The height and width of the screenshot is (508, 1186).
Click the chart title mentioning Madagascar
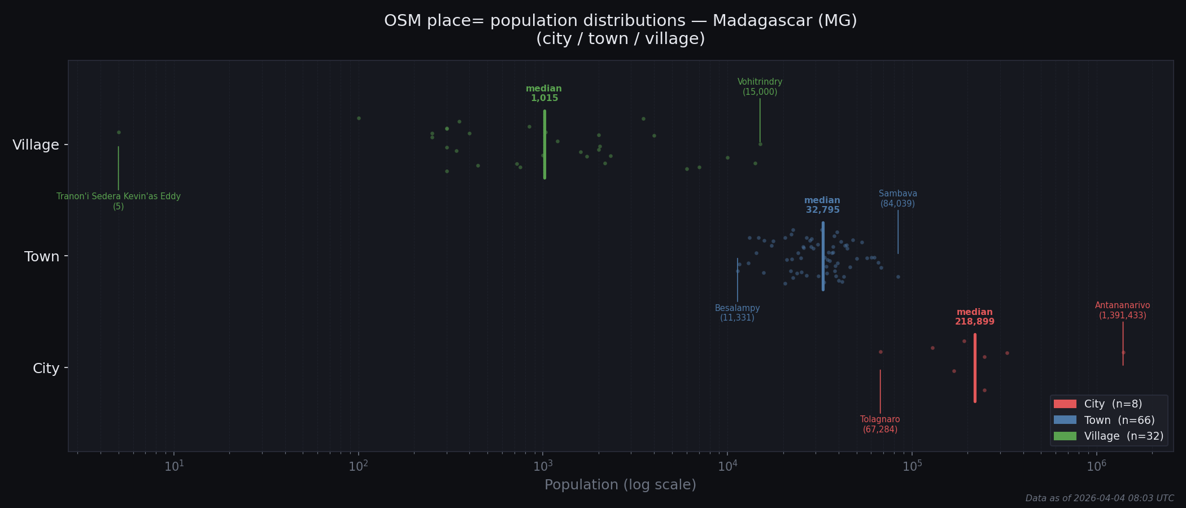tap(620, 29)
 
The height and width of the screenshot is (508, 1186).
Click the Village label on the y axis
tap(36, 145)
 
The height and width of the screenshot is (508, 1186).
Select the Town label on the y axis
tap(42, 257)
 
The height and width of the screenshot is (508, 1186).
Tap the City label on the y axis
tap(46, 369)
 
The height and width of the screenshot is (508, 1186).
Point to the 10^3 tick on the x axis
tap(543, 466)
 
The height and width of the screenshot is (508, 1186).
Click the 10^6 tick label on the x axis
tap(1096, 466)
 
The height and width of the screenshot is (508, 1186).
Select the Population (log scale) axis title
tap(620, 485)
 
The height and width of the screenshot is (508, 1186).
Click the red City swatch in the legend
tap(1065, 404)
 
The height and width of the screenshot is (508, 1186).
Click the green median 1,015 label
tap(544, 94)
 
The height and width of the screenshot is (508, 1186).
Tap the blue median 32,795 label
tap(822, 205)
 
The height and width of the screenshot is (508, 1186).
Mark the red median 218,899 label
tap(975, 317)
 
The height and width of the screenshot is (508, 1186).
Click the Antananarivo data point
tap(1123, 352)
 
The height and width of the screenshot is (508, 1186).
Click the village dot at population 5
tap(119, 132)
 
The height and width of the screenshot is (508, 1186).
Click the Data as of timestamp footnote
tap(1099, 498)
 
